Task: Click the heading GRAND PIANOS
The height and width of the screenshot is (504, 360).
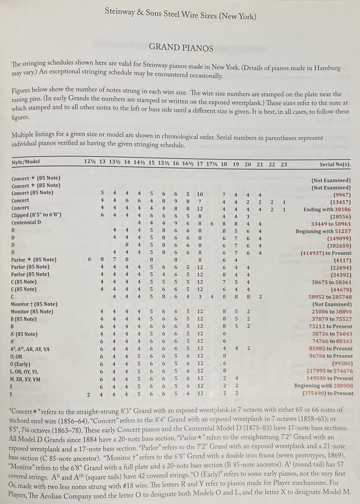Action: (181, 48)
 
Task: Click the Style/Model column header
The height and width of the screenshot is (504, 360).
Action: (26, 162)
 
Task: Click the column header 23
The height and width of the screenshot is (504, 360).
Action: (284, 164)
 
